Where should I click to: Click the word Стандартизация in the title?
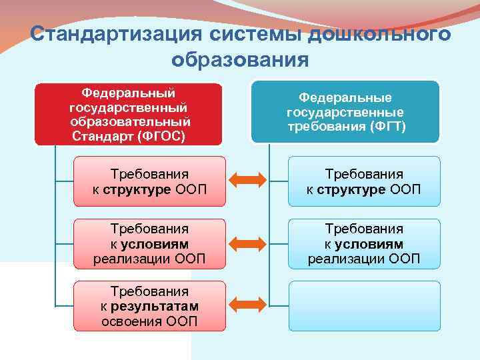117,34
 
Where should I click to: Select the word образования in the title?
240,60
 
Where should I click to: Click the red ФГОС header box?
129,113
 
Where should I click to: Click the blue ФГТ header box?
345,111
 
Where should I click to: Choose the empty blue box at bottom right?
364,305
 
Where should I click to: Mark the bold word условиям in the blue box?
369,244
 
